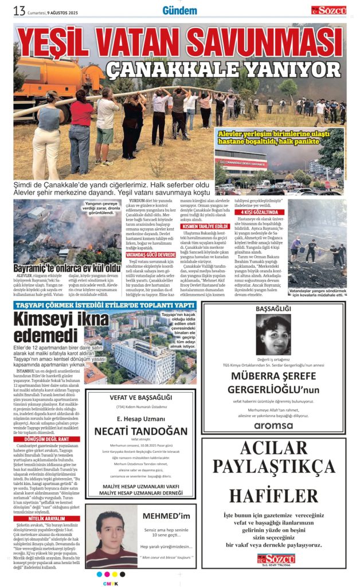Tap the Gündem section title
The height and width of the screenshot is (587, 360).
pos(179,10)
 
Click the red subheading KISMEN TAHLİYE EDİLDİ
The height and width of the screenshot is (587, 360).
pos(205,226)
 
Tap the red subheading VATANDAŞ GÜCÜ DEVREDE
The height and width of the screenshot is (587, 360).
pos(151,254)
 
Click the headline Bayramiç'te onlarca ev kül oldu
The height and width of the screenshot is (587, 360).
pos(68,267)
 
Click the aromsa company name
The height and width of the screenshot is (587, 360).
pos(273,425)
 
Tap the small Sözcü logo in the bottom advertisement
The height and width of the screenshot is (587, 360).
pos(273,557)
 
